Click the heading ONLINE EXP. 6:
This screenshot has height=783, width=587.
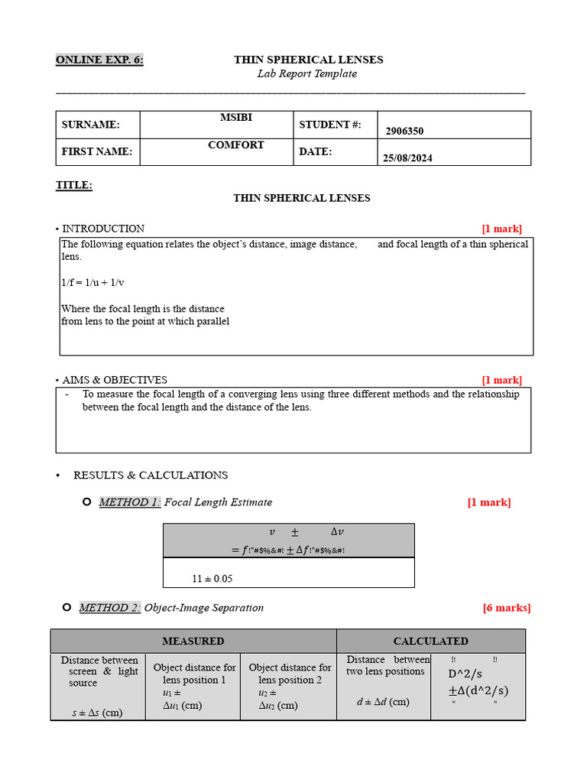coord(99,60)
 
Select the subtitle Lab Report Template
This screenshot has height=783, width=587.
coord(306,74)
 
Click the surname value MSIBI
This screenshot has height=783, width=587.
coord(235,117)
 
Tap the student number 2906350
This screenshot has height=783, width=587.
coord(404,131)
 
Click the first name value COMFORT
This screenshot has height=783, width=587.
coord(235,145)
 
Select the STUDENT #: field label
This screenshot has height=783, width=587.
coord(329,125)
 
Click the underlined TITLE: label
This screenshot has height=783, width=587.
coord(74,185)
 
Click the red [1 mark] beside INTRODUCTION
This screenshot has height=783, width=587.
coord(501,229)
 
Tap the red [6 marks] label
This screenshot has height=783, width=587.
coord(506,608)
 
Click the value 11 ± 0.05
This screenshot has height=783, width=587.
coord(212,579)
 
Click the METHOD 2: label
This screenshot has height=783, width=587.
coord(110,608)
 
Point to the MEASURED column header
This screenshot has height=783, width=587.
coord(193,641)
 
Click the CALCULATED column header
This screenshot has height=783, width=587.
coord(430,641)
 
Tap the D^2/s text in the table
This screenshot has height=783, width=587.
coord(465,674)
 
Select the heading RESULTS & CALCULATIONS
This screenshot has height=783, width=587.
coord(151,475)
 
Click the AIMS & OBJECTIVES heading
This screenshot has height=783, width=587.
coord(115,380)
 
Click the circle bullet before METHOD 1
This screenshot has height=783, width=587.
coord(86,502)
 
